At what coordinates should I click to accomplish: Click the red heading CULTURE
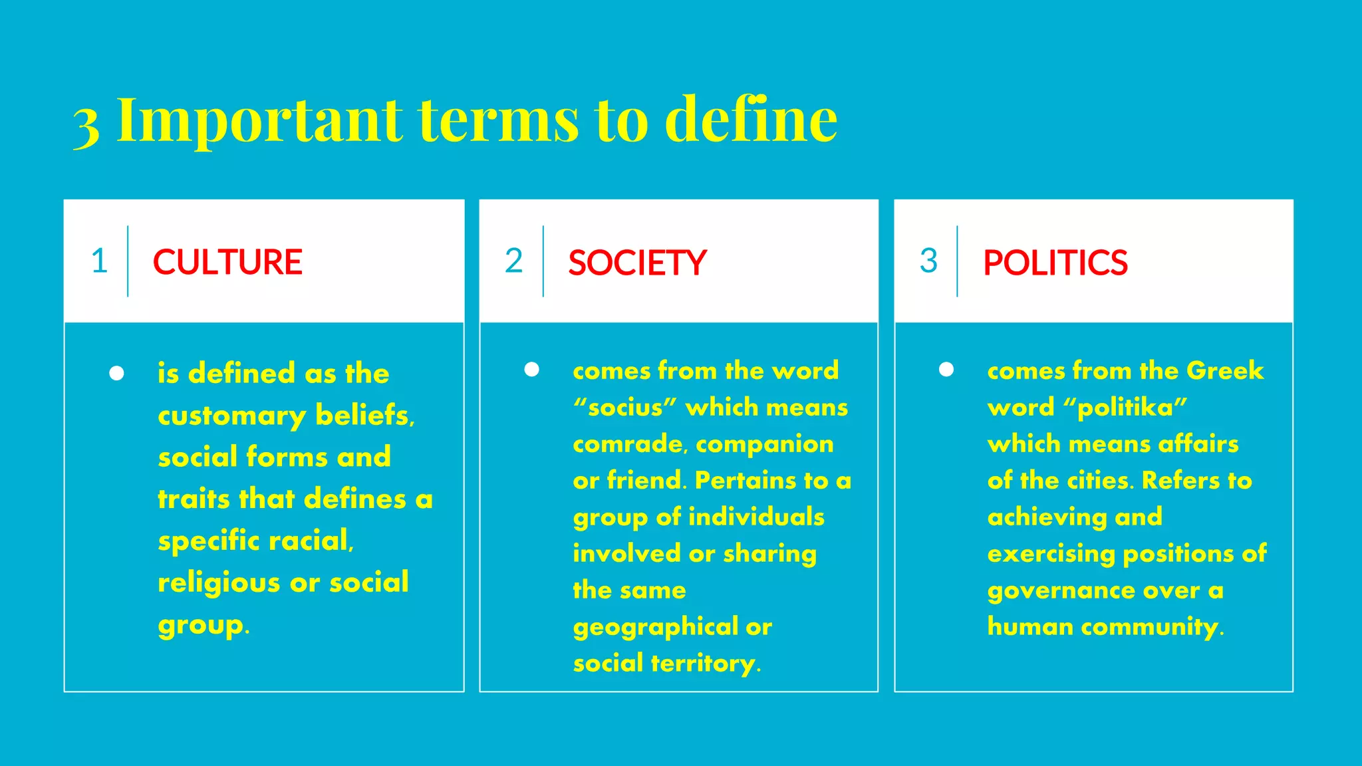click(x=227, y=262)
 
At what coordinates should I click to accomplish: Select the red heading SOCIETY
click(x=637, y=263)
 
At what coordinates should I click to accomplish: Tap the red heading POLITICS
click(x=1055, y=263)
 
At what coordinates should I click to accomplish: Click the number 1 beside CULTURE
click(x=100, y=261)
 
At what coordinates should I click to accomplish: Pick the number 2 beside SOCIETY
click(x=514, y=261)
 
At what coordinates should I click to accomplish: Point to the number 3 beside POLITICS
click(x=928, y=261)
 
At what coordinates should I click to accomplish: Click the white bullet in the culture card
click(x=116, y=373)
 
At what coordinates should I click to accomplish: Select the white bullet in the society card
click(x=531, y=369)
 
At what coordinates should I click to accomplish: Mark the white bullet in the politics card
click(x=946, y=369)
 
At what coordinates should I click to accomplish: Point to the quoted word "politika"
click(x=1125, y=407)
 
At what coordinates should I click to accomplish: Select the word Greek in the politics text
click(x=1224, y=370)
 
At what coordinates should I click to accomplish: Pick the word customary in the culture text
click(x=231, y=416)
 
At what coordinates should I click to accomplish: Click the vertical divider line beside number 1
click(x=128, y=261)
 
